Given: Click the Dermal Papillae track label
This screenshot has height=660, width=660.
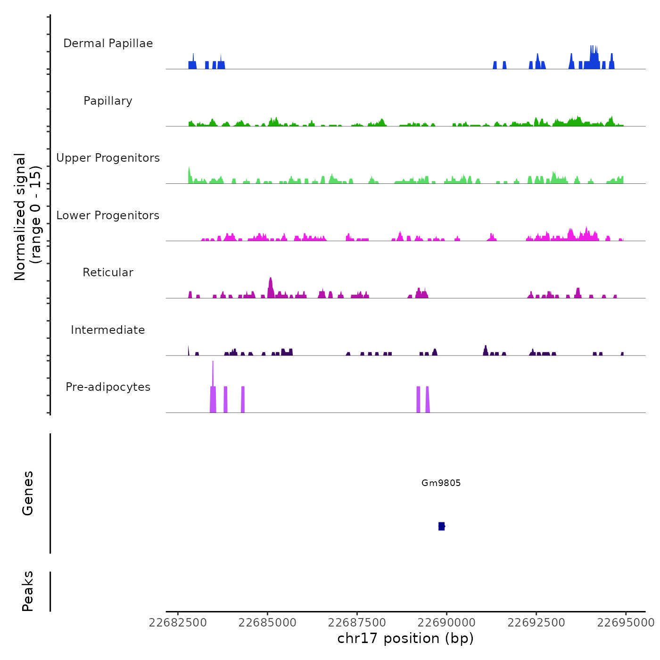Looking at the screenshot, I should click(108, 43).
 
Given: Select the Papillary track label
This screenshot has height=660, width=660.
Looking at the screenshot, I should click(108, 101).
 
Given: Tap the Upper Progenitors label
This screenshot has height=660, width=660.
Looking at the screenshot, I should click(108, 158).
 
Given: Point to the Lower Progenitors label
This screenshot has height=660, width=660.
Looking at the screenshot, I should click(108, 215).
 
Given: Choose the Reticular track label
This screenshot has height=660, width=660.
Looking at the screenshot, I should click(108, 272).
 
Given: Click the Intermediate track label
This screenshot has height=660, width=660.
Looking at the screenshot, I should click(108, 330).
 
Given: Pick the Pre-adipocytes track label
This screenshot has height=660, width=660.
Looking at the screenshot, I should click(108, 387).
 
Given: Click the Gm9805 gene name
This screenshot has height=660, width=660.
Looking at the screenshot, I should click(441, 483).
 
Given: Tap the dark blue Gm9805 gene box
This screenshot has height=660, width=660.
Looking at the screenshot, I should click(441, 526).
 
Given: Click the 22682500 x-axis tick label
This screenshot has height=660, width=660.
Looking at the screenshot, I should click(178, 623).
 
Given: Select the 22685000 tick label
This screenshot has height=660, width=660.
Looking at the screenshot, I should click(267, 623).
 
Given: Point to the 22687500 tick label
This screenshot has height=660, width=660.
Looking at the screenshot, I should click(357, 623).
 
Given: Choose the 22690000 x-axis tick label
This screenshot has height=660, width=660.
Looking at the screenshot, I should click(446, 623).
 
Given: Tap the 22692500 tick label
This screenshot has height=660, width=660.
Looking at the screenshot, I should click(536, 623).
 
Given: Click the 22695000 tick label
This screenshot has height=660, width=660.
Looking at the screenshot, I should click(626, 623).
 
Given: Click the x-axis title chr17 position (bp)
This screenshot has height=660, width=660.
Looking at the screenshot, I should click(405, 638).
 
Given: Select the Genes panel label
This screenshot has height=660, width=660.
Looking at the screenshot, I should click(28, 493).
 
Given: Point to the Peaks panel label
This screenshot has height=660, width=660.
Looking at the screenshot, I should click(28, 591).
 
